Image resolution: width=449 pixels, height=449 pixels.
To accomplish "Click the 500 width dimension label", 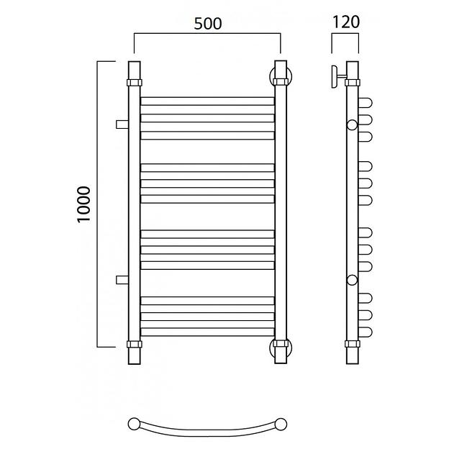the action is pyautogui.click(x=208, y=24).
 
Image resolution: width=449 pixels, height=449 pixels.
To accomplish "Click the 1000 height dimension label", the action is pyautogui.click(x=84, y=204).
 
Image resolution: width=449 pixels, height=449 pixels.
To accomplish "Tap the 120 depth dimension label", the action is pyautogui.click(x=345, y=22).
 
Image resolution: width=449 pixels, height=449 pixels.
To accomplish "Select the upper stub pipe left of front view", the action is pyautogui.click(x=122, y=124).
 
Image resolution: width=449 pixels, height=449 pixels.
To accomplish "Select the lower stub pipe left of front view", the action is pyautogui.click(x=122, y=280).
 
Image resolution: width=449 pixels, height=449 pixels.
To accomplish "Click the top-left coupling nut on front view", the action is pyautogui.click(x=135, y=83).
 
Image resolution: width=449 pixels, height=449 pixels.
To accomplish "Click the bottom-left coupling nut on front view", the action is pyautogui.click(x=135, y=344).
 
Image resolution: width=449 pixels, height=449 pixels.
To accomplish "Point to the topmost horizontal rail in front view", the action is pyautogui.click(x=208, y=101).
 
